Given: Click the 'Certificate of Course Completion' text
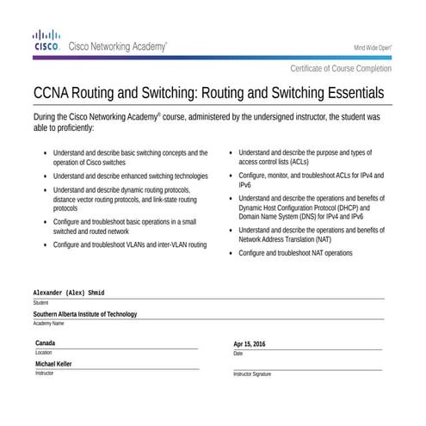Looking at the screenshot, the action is [x=341, y=68].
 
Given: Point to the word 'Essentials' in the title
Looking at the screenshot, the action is [x=349, y=91].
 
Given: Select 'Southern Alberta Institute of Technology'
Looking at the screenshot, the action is [x=85, y=314].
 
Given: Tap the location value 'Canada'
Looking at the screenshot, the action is [x=46, y=343].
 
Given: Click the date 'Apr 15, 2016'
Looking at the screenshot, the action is [x=250, y=344].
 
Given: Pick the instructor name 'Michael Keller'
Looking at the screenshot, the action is [x=53, y=364].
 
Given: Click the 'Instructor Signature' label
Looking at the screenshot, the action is [x=252, y=374].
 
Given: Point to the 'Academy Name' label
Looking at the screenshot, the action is [x=48, y=324].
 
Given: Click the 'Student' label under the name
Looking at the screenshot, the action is [x=40, y=303].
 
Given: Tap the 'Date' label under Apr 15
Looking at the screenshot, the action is [x=238, y=353].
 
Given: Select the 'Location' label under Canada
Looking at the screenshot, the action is [x=43, y=353].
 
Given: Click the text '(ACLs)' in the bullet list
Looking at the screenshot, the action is [x=294, y=161].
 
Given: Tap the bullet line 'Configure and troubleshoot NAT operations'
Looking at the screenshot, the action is [x=295, y=254].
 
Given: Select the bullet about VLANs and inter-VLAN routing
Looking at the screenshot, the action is [x=129, y=244].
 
